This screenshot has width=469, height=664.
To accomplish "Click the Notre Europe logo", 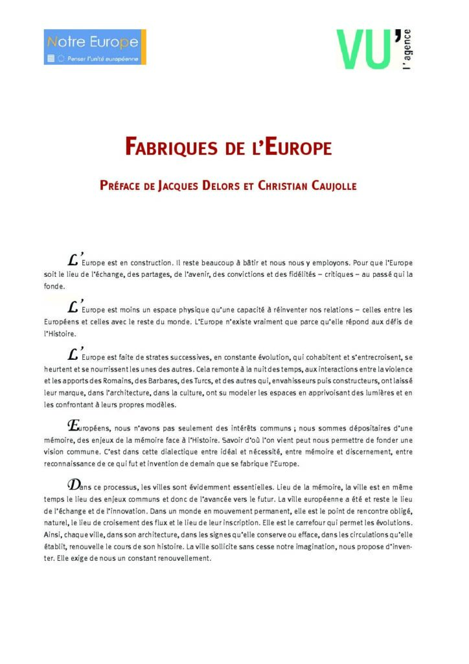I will (x=95, y=47).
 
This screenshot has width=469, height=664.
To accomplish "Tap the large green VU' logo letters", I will (x=364, y=49).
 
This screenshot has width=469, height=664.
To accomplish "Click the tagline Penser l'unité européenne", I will (x=98, y=58).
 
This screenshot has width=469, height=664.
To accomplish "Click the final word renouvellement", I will (x=176, y=558).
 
